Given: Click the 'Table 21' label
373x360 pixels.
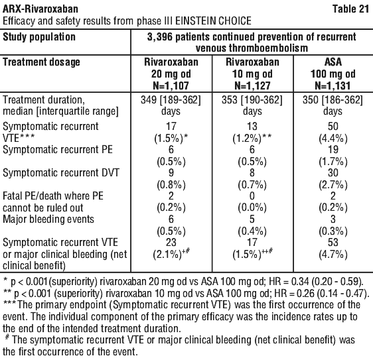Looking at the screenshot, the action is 350,9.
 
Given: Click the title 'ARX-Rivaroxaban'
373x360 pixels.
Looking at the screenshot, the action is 40,9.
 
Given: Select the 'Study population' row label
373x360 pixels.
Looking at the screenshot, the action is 39,37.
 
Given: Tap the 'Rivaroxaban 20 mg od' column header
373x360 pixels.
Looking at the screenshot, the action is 171,74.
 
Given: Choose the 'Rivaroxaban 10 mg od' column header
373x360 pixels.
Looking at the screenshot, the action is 252,74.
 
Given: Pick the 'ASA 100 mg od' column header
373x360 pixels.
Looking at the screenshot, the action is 333,74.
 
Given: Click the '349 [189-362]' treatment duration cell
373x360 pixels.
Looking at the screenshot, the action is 171,100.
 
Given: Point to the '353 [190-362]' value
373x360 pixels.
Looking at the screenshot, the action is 252,100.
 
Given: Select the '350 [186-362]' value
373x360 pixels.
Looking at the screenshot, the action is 333,100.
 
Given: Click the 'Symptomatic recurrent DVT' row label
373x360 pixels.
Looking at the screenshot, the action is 61,173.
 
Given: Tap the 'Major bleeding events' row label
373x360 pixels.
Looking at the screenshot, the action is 48,219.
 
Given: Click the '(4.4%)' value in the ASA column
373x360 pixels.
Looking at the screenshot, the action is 333,139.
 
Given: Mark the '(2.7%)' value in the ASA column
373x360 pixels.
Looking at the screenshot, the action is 333,185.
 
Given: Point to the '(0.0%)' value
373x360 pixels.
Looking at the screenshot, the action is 252,208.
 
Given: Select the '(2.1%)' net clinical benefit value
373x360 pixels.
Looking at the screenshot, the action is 168,255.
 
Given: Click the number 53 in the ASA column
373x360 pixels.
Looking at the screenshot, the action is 333,243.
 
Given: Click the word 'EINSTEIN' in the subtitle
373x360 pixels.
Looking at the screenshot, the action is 196,21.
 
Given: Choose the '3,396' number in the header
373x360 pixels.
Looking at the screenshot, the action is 160,37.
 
